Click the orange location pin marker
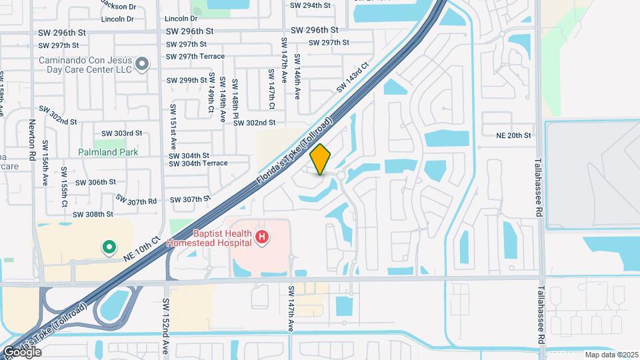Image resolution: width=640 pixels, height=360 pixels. [321, 159]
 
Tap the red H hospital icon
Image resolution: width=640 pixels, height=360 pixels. [263, 237]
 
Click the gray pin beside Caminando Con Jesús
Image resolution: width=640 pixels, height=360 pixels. [141, 64]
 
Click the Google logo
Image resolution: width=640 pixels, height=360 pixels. [23, 351]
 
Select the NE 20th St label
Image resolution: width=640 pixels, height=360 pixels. [513, 135]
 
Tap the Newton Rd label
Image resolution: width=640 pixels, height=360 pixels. [31, 139]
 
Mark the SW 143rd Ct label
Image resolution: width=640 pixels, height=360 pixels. [353, 78]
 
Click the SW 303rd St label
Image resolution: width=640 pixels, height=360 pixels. [122, 133]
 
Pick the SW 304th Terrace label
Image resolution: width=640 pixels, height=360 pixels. [198, 163]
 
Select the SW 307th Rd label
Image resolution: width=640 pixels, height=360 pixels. [136, 199]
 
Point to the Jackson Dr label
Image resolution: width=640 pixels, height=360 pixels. [118, 5]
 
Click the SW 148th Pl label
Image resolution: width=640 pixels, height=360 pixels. [235, 100]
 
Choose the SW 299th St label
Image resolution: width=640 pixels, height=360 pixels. [189, 80]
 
